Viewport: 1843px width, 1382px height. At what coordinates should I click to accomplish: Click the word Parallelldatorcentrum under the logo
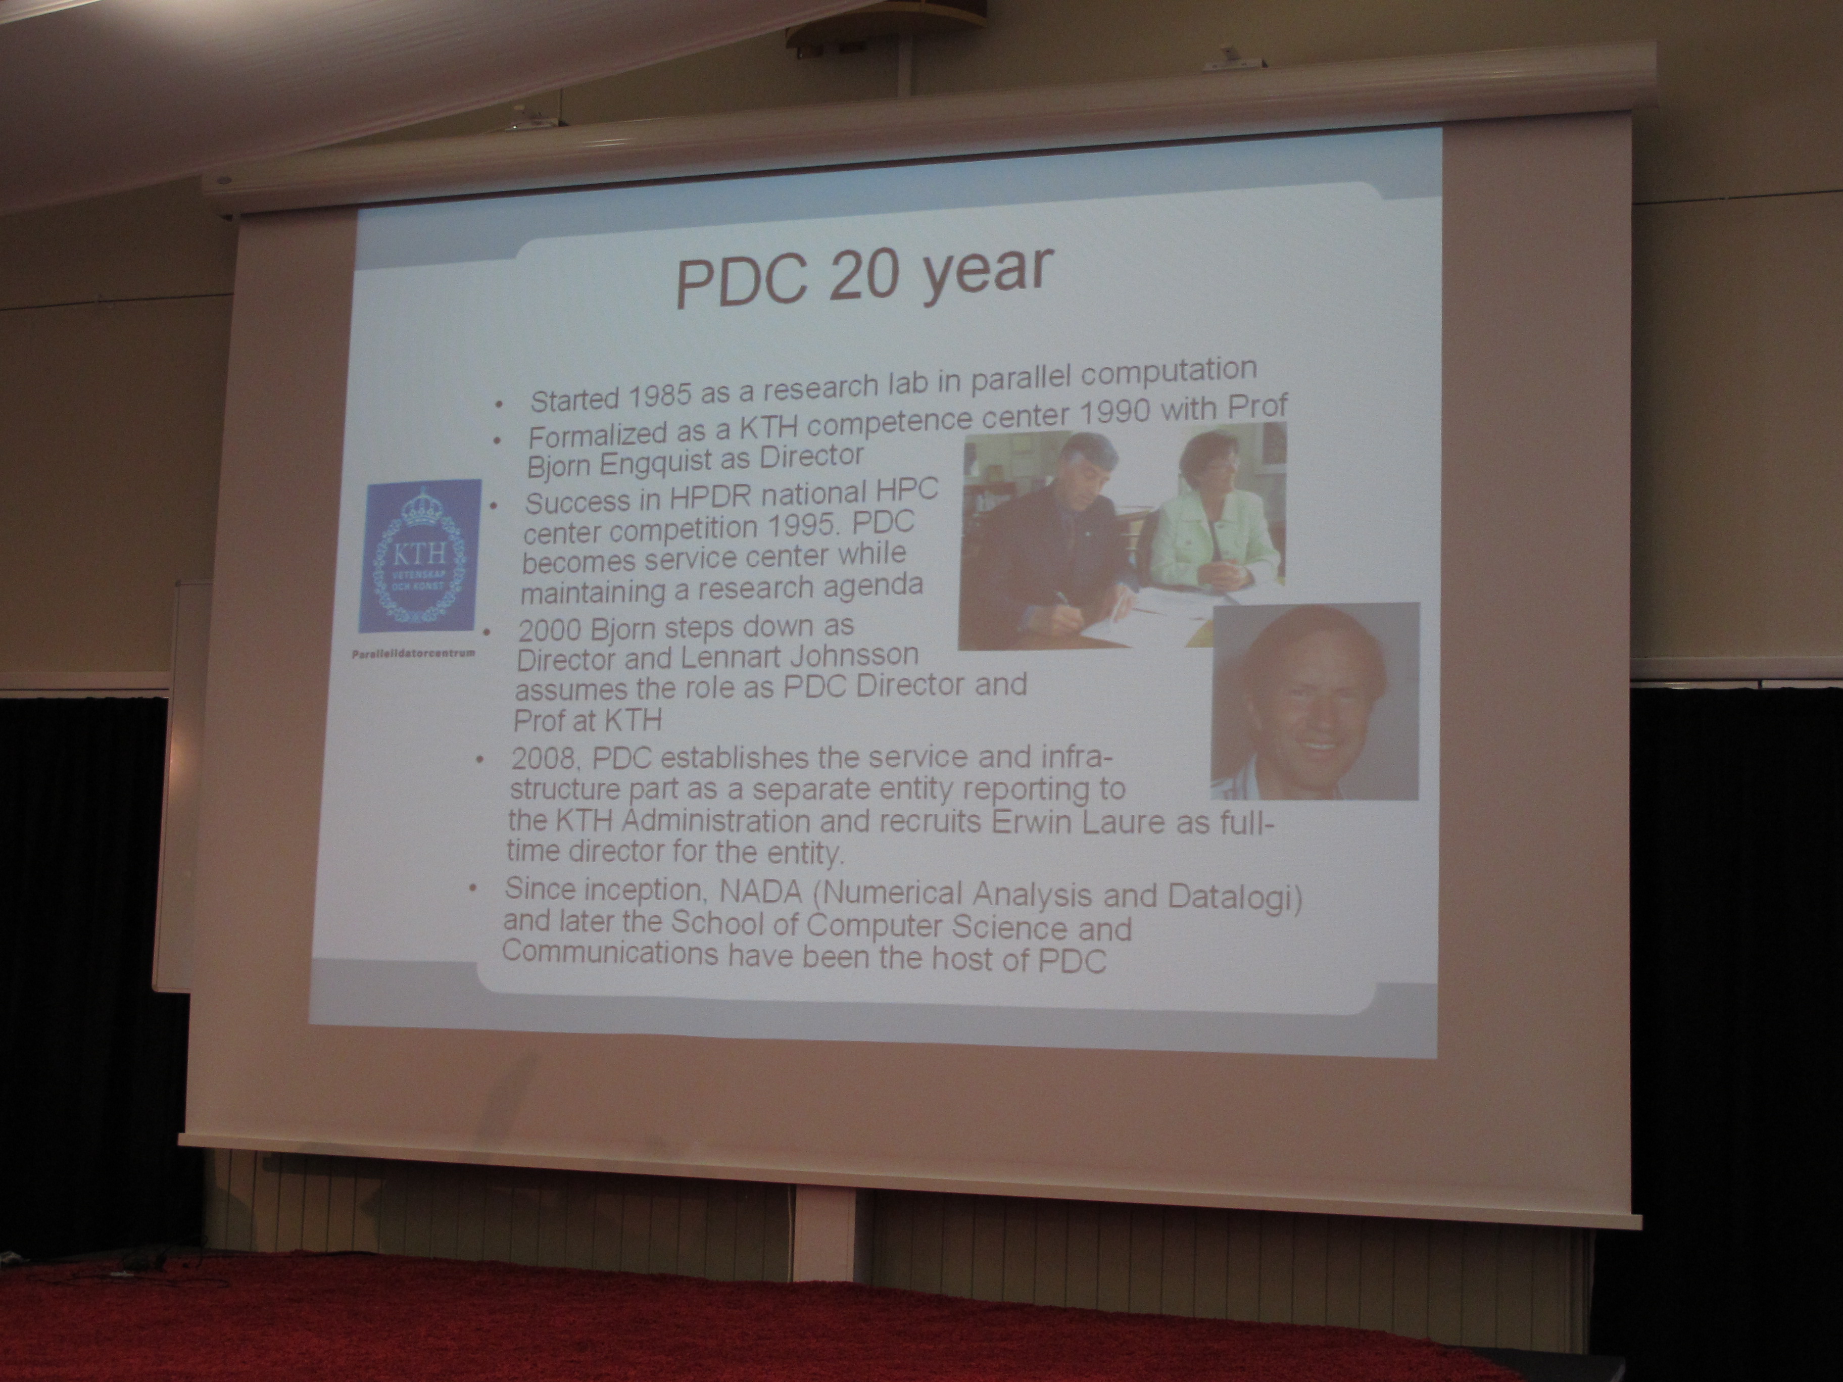(414, 653)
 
